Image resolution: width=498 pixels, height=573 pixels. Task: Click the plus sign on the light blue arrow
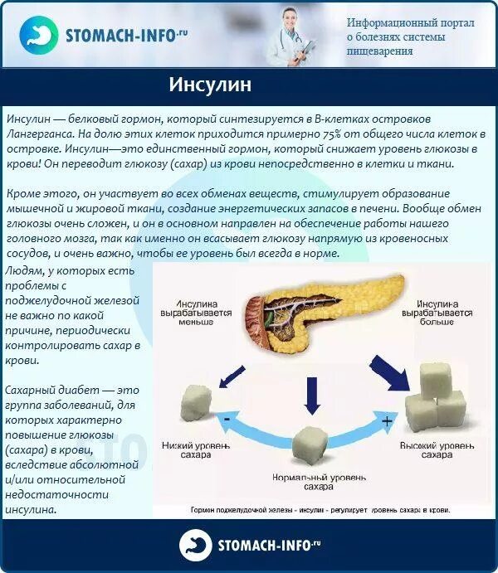[x=385, y=421]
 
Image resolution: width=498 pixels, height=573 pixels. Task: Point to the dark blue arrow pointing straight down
[x=312, y=395]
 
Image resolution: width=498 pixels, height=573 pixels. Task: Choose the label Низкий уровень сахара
[x=197, y=450]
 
